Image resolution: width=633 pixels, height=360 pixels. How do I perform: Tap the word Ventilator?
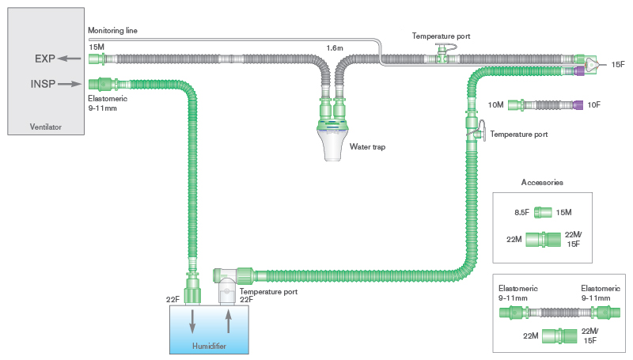44,127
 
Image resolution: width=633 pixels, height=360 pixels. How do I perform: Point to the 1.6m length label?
335,48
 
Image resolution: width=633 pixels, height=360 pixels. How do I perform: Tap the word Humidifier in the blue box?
210,346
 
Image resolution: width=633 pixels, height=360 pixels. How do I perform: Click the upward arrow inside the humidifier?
228,322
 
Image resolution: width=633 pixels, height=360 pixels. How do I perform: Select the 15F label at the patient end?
618,64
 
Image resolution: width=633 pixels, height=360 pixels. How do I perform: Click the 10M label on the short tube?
495,104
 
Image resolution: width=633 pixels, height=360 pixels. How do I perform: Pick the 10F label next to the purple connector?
594,104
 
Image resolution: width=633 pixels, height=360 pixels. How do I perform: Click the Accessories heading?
542,182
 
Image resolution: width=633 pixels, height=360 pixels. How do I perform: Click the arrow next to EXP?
71,59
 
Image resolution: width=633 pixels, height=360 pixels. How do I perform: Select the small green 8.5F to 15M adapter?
542,212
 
